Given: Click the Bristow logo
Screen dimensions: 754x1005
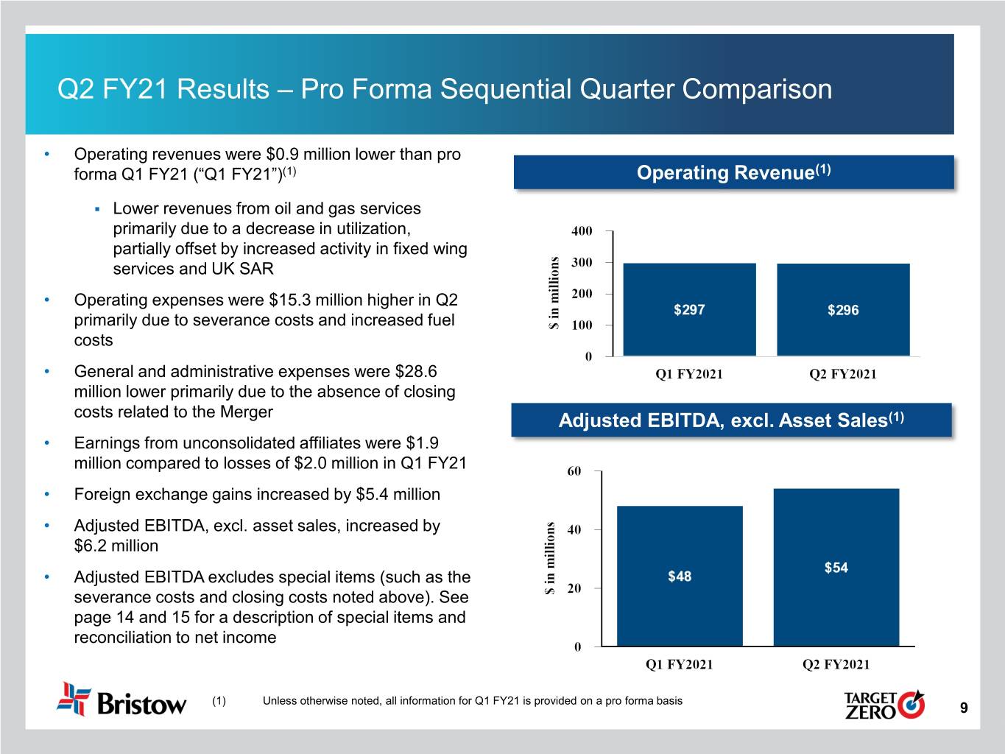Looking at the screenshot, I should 121,700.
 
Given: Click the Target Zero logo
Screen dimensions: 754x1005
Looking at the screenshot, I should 884,704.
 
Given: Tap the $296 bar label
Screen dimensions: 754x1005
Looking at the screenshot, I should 843,310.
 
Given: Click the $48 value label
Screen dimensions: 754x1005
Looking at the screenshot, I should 680,577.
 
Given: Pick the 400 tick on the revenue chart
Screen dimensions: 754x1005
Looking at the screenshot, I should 582,231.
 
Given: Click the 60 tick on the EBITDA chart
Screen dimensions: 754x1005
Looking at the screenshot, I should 574,471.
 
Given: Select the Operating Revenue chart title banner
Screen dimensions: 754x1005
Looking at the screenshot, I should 733,173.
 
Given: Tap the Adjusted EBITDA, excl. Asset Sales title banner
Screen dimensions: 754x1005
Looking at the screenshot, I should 731,420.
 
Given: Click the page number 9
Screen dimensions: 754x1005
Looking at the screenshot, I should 964,708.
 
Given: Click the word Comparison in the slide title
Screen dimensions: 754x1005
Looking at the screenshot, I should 757,90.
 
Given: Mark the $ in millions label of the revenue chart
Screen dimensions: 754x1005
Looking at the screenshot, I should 555,293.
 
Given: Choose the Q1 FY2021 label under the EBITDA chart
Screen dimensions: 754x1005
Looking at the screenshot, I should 679,664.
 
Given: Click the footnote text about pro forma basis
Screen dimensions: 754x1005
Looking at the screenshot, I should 472,701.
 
